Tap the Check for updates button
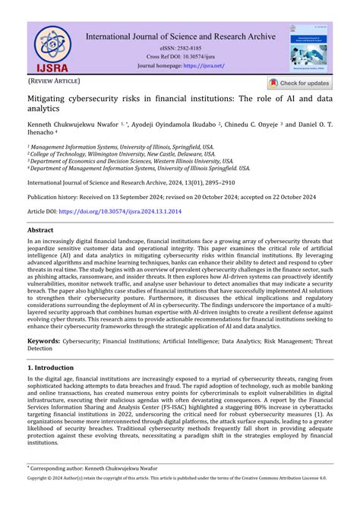(x=299, y=83)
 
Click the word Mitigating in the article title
(x=53, y=100)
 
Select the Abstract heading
(x=40, y=229)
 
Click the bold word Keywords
(x=44, y=341)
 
